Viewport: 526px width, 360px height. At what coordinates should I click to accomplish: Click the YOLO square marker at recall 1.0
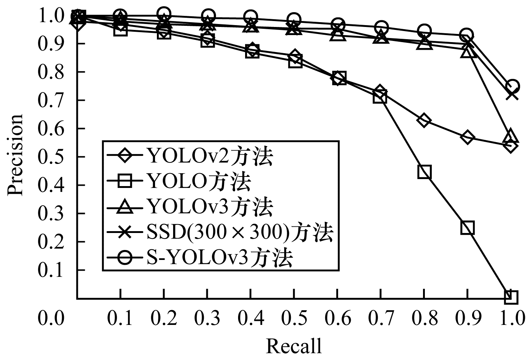click(511, 296)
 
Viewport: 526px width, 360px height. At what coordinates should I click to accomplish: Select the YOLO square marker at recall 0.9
click(467, 228)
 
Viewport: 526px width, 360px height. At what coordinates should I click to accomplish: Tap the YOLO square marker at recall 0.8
click(424, 172)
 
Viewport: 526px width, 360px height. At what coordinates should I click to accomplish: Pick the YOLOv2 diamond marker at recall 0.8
click(424, 120)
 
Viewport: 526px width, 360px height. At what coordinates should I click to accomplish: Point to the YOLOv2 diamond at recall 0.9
click(467, 137)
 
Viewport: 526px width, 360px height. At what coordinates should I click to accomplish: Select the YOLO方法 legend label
click(199, 182)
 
